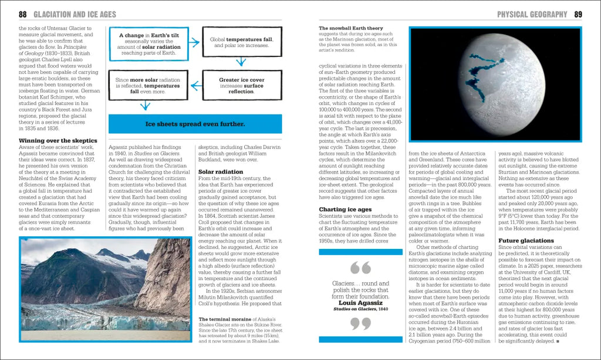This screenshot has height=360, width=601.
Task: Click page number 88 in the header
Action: [x=23, y=14]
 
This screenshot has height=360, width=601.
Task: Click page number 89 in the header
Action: [x=578, y=14]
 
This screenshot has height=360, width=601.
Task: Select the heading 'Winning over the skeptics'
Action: [x=58, y=140]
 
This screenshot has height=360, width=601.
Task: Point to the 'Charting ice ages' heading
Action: [x=346, y=209]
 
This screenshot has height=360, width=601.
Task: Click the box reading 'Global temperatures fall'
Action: [x=241, y=42]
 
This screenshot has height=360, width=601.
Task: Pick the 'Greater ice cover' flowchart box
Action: [x=241, y=85]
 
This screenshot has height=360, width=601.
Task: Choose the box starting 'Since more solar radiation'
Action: [x=148, y=85]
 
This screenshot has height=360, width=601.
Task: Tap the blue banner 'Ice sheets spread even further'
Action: [x=195, y=124]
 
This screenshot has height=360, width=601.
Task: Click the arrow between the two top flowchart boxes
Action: [x=195, y=42]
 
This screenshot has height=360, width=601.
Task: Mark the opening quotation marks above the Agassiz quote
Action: [x=360, y=268]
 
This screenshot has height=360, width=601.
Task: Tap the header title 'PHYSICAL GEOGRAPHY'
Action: [x=532, y=14]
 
